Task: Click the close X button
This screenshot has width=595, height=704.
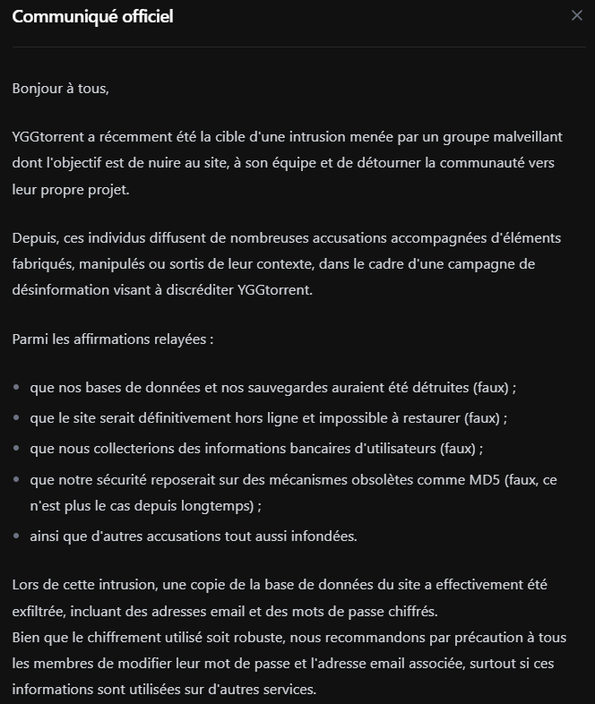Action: point(576,15)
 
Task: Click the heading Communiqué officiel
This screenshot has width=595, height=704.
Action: point(92,16)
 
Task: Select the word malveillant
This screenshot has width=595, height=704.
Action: point(528,137)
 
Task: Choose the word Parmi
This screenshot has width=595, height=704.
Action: point(30,339)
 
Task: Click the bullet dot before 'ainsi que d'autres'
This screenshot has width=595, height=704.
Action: point(17,537)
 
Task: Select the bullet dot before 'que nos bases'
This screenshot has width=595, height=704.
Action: point(17,389)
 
